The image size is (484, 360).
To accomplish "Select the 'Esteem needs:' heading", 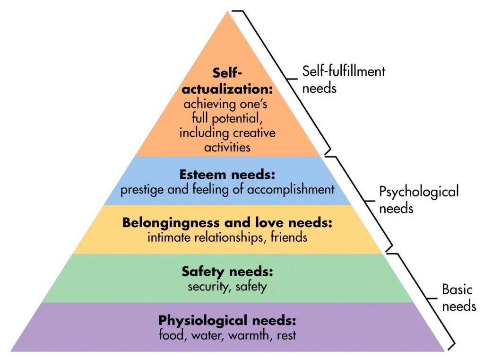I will (227, 175).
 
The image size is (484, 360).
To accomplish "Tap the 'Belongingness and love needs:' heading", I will (227, 222).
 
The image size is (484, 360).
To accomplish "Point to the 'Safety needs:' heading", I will (227, 272).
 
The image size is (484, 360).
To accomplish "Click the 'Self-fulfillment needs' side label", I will (344, 79).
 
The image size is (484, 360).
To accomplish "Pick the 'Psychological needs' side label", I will (419, 200).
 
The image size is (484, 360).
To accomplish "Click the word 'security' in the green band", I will (207, 286).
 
